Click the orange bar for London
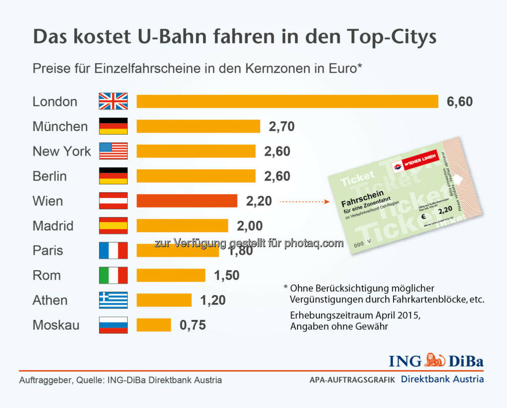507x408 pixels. [287, 102]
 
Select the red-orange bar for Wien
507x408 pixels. [187, 201]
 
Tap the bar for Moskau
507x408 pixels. [153, 325]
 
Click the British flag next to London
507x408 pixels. [113, 102]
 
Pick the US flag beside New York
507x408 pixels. [113, 151]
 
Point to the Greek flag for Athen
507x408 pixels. [113, 300]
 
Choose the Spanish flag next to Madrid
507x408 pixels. [113, 226]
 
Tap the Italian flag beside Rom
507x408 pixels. [113, 275]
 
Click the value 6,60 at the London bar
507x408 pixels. [459, 102]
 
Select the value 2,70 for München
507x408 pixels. [281, 127]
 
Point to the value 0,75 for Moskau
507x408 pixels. [193, 325]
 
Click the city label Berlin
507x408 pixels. [50, 176]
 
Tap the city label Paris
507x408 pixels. [48, 251]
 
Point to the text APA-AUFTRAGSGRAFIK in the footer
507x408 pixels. [352, 380]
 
